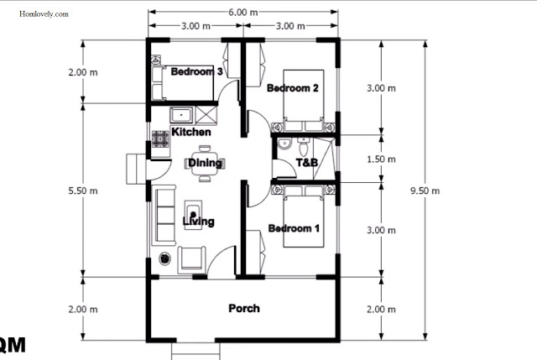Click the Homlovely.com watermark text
[44, 14]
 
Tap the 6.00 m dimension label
[242, 13]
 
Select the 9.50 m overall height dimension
[425, 190]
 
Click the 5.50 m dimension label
[83, 190]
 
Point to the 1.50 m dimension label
[381, 159]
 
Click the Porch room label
[244, 308]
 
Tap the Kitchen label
[191, 132]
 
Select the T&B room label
[307, 162]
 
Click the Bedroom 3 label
[196, 71]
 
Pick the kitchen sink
[181, 115]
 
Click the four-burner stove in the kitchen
[160, 138]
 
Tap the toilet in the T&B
[303, 147]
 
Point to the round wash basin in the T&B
[284, 143]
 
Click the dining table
[205, 164]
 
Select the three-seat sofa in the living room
[164, 216]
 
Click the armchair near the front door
[191, 259]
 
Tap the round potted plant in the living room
[164, 258]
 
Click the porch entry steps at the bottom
[196, 351]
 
